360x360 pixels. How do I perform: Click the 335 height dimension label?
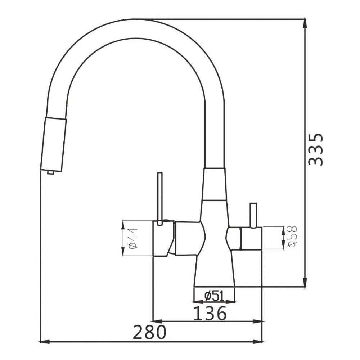tap(316, 149)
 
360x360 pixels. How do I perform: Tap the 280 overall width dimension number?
tap(149, 332)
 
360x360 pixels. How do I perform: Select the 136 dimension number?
tap(210, 313)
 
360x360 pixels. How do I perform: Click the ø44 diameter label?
tap(133, 238)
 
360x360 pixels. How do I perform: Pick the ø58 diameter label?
tap(292, 237)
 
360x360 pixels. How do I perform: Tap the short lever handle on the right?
tap(254, 216)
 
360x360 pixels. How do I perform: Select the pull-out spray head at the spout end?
tap(53, 145)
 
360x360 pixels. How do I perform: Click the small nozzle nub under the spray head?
tap(51, 172)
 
